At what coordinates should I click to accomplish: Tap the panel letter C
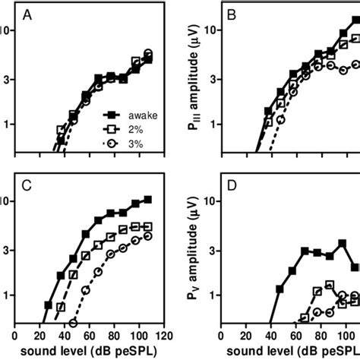(x=28, y=185)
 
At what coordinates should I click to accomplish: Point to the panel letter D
(x=234, y=185)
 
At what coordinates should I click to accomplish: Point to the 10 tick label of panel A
(x=7, y=30)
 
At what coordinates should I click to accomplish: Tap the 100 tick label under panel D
(x=344, y=335)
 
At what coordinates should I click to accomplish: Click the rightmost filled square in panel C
(x=148, y=199)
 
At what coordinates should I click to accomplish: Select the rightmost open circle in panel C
(x=148, y=235)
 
